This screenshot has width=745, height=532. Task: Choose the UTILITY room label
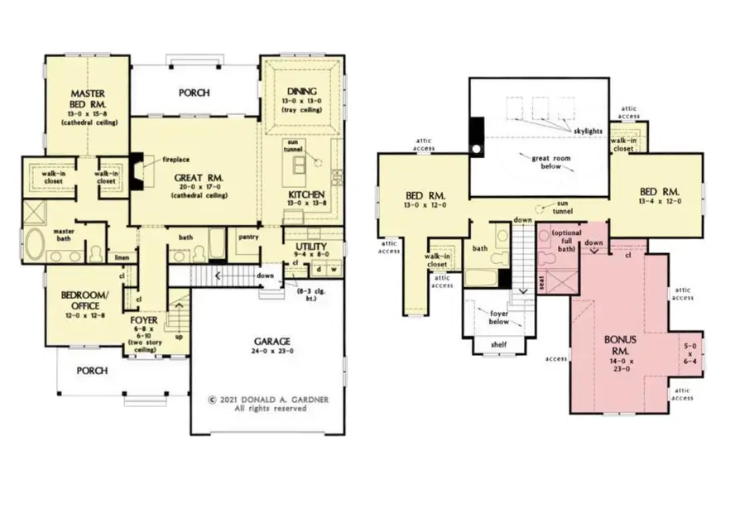click(x=310, y=247)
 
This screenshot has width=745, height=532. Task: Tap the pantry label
click(x=248, y=237)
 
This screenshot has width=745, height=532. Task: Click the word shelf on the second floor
click(x=500, y=344)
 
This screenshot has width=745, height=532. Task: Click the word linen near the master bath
click(x=123, y=258)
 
